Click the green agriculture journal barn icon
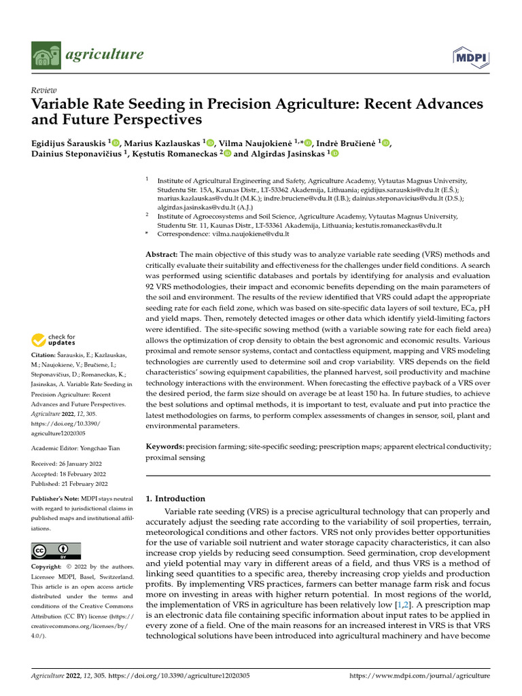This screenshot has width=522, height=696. coord(47,55)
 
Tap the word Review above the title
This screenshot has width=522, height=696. coord(43,90)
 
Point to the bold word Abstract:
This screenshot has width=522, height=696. coord(162,254)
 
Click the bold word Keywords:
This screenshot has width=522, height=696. coord(165,447)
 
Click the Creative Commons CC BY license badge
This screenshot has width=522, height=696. coord(56,551)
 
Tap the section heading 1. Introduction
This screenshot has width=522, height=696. coord(176,498)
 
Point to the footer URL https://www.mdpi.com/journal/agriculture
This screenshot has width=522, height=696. coord(419,676)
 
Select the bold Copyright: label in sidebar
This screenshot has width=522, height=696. coord(48,567)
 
